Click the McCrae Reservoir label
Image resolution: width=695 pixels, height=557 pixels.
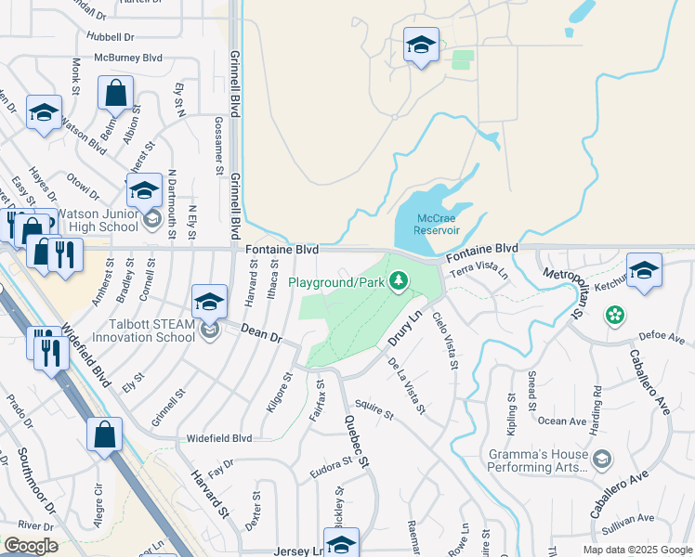pos(426,223)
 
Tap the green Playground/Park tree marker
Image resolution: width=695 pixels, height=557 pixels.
pos(399,279)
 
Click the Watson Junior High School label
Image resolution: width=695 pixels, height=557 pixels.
pos(98,220)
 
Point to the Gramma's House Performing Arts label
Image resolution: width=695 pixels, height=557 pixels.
pos(539,461)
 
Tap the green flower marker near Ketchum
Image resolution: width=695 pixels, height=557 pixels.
pos(614,317)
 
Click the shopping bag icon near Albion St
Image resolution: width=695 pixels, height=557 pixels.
pos(116,94)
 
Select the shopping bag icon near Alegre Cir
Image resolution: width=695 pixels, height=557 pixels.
pos(104,434)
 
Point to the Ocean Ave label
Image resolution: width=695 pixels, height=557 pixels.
pos(561,421)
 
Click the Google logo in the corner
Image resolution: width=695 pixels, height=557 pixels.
pos(31,546)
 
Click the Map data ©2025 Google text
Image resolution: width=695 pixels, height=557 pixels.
pos(636,550)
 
